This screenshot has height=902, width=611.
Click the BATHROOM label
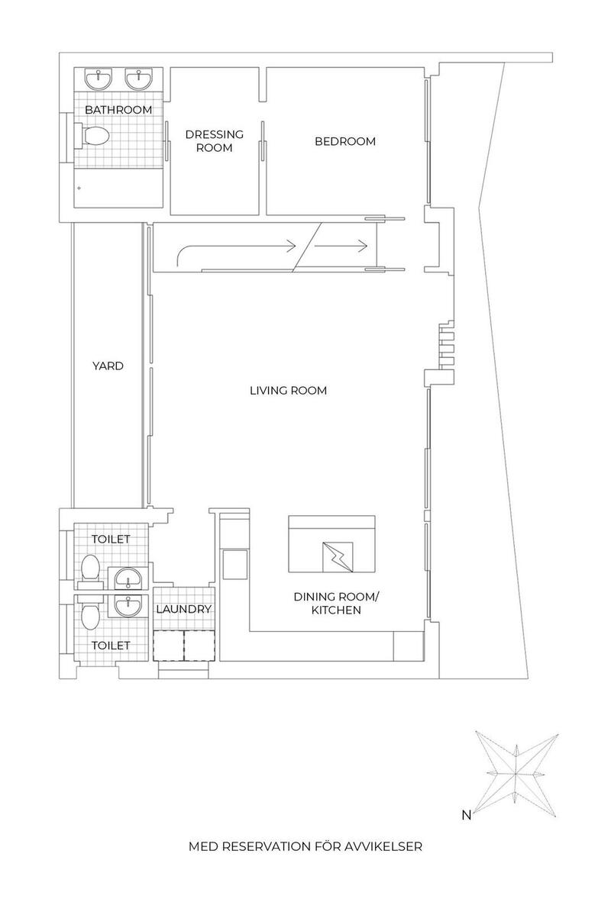pyautogui.click(x=118, y=109)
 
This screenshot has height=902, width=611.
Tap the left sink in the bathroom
pyautogui.click(x=99, y=79)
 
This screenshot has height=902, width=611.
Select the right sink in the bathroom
pyautogui.click(x=139, y=79)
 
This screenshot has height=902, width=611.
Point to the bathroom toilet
pyautogui.click(x=92, y=137)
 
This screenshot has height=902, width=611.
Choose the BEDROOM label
pyautogui.click(x=345, y=141)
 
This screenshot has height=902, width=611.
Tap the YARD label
pyautogui.click(x=108, y=366)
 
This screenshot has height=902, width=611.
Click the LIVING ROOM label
pyautogui.click(x=288, y=390)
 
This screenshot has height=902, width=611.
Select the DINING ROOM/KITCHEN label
pyautogui.click(x=336, y=603)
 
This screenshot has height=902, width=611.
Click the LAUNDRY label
pyautogui.click(x=184, y=609)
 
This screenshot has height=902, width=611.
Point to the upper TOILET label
pyautogui.click(x=112, y=539)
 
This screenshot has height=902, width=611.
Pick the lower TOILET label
pyautogui.click(x=112, y=646)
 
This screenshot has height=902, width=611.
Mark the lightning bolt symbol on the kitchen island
pyautogui.click(x=338, y=557)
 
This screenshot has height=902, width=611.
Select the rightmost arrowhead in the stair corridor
pyautogui.click(x=363, y=246)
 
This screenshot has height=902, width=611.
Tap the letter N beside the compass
pyautogui.click(x=467, y=814)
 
